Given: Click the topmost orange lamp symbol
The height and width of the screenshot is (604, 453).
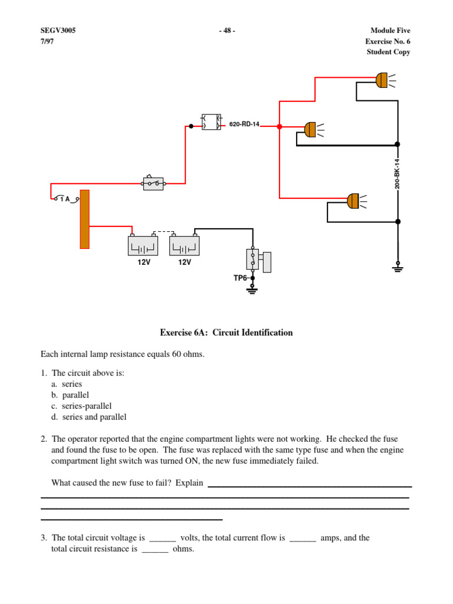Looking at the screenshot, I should pos(381,80).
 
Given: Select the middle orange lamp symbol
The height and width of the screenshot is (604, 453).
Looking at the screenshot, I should pos(310,129).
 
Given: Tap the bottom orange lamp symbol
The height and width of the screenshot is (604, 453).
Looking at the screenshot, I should pos(353,201).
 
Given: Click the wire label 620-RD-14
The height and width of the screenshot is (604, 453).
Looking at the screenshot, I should pos(244,125).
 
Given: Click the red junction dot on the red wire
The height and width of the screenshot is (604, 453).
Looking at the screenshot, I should pos(280,126).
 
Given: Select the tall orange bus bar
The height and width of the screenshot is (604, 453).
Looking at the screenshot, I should pos(84,219).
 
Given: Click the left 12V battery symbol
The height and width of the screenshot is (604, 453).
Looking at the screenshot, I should pos(143,245).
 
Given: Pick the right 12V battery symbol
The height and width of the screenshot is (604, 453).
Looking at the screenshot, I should pos(184,245).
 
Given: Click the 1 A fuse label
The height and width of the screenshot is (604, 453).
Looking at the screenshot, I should pos(64,199).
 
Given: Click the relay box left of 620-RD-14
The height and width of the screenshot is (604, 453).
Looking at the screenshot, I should pos(211,122).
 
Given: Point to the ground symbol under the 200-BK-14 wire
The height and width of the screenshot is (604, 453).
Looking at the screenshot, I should pos(398,268).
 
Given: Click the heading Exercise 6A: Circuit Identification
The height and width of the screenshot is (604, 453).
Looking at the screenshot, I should pos(226,333).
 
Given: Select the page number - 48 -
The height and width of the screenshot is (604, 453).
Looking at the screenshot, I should pos(226,31).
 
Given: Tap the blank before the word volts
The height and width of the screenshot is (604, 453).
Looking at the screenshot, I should pos(163,538).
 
